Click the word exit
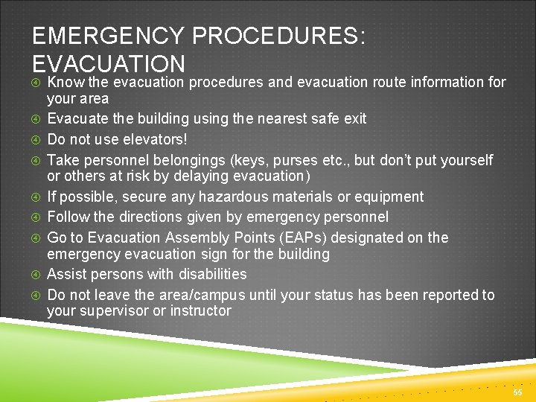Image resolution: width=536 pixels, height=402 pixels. coord(354,118)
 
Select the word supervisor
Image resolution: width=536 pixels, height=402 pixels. coord(112,311)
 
